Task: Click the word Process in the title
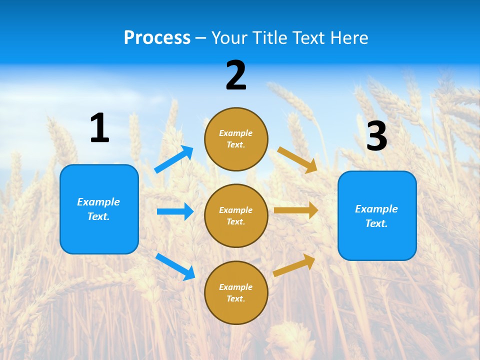157,37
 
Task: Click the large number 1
99,128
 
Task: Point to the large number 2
236,75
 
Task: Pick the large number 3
376,136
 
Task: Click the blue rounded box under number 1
99,209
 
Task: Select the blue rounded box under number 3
377,215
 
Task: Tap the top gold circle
236,139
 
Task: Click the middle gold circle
236,215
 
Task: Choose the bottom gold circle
236,292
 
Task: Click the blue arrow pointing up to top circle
174,159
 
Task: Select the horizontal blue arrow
175,211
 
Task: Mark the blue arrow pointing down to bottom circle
175,266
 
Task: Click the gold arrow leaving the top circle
297,159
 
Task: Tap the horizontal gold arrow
295,210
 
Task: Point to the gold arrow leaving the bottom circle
294,265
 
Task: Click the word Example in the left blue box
98,202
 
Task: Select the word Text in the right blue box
376,223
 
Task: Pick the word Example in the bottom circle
235,287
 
